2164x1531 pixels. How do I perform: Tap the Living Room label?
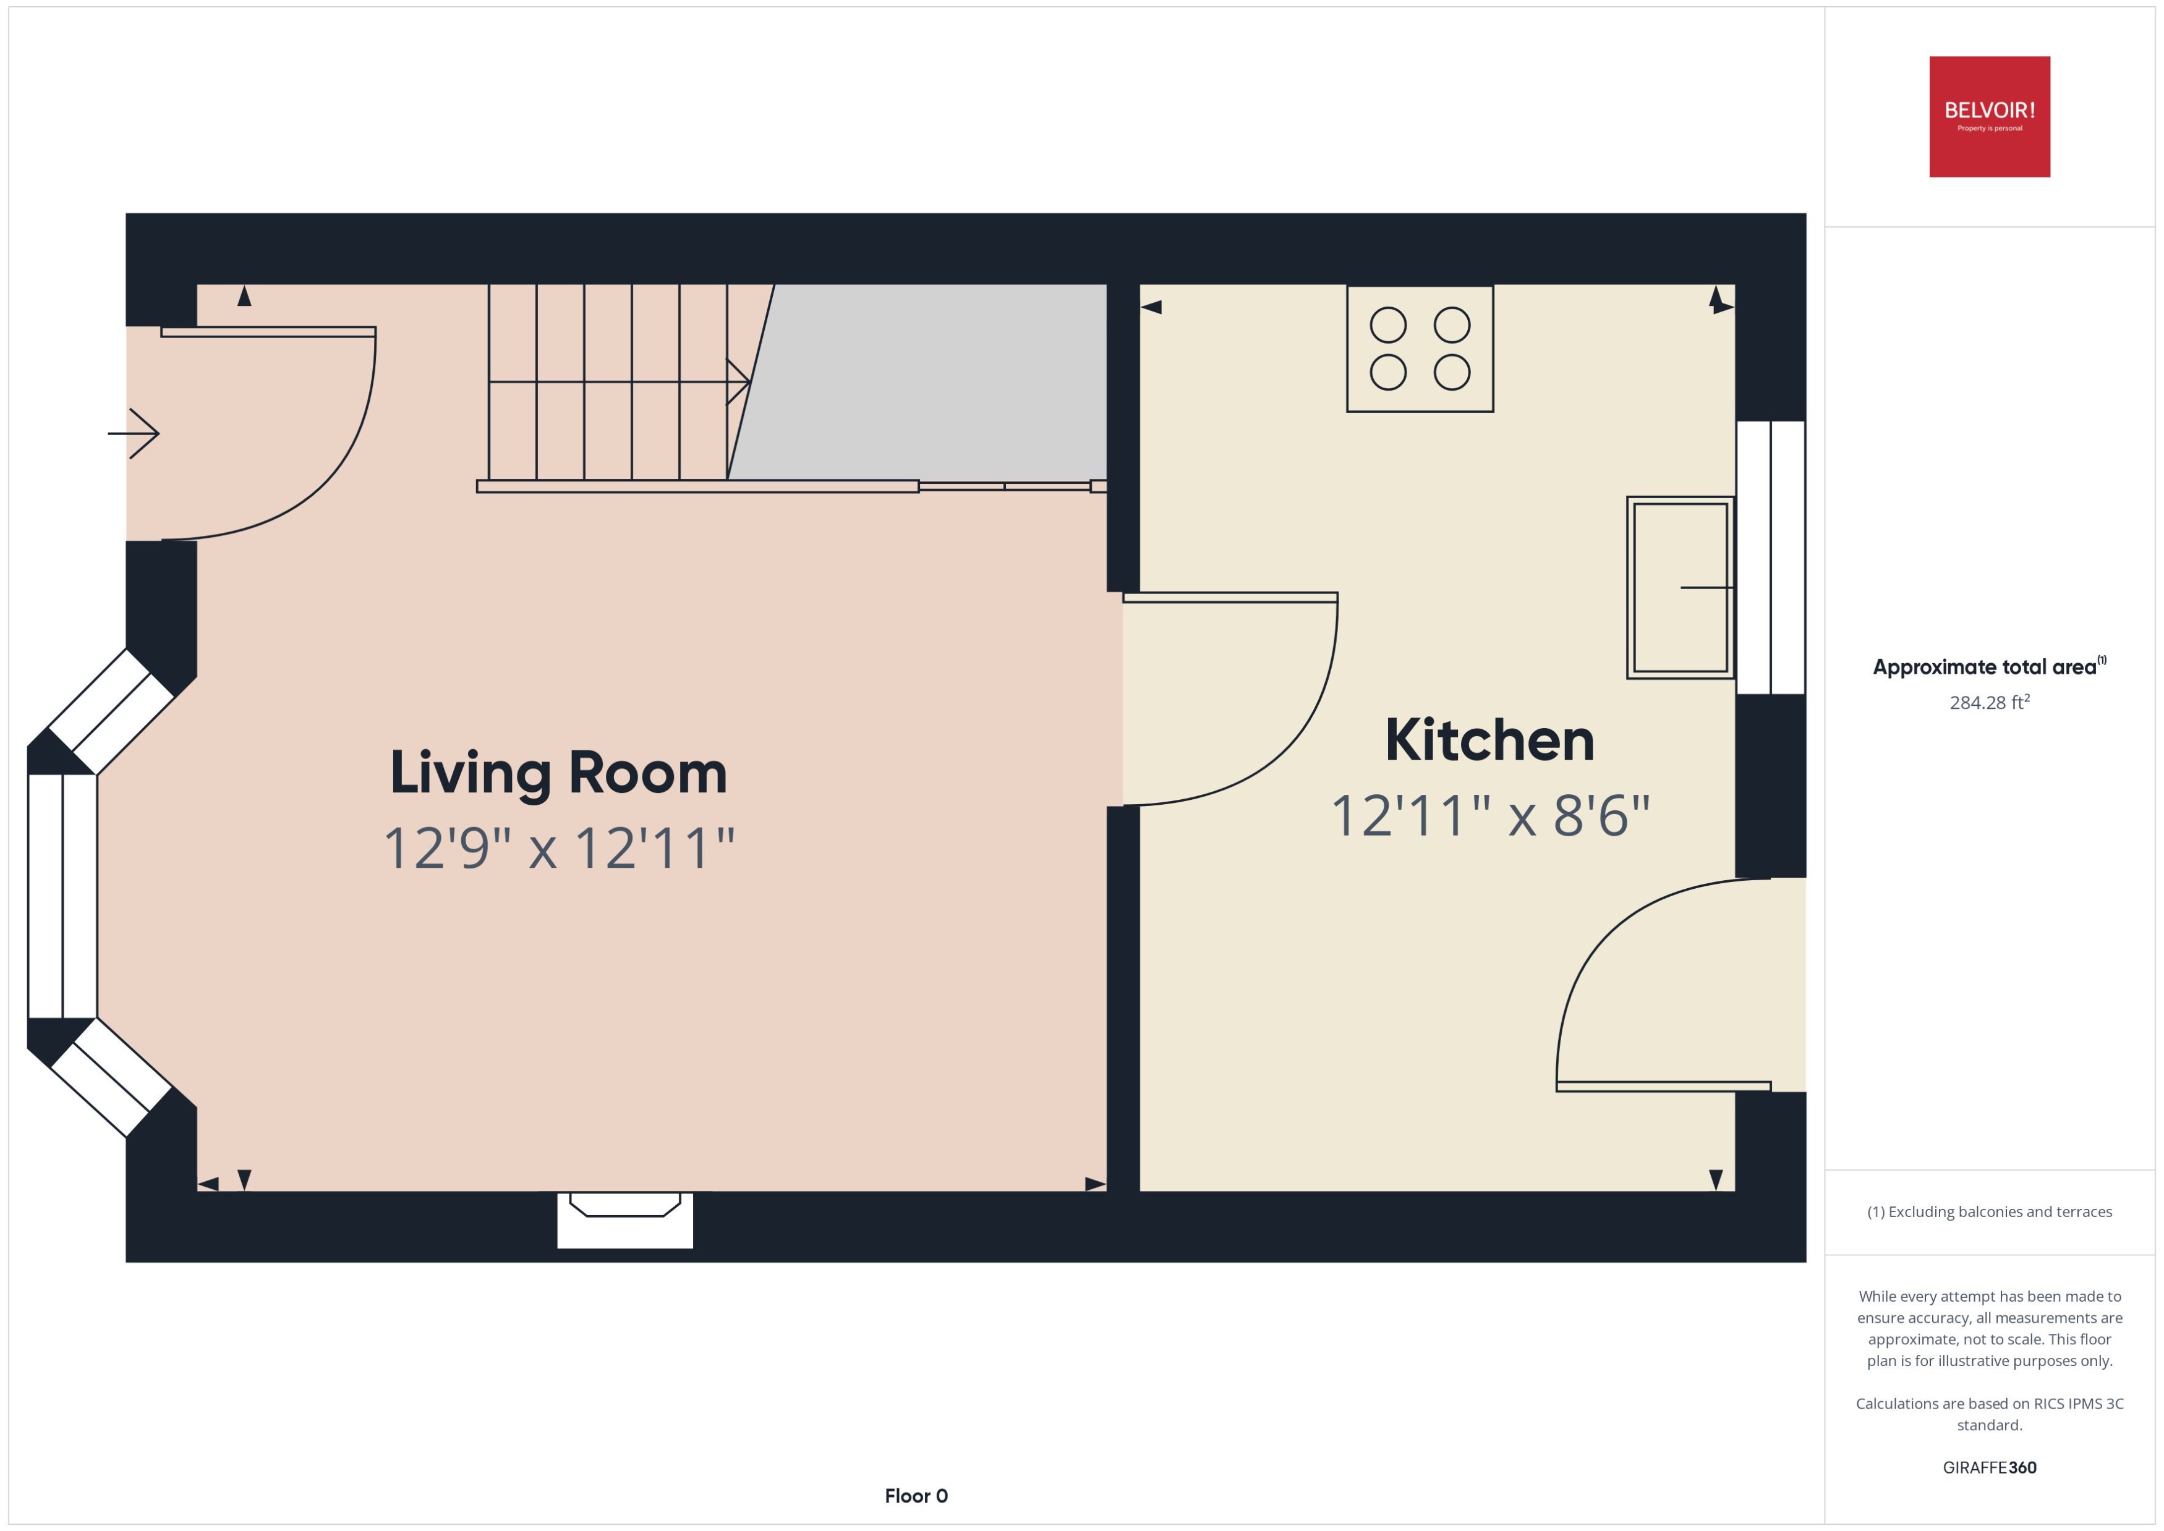(558, 773)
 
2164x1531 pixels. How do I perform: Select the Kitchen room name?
(1489, 741)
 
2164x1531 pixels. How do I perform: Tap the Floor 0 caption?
(916, 1495)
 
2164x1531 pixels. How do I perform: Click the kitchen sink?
(1679, 587)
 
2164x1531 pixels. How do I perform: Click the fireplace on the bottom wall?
(624, 1218)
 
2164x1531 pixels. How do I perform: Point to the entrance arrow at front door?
(134, 434)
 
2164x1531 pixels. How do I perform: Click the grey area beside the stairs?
(934, 382)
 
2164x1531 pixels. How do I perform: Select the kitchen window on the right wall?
(1770, 557)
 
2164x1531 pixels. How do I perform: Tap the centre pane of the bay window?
(62, 896)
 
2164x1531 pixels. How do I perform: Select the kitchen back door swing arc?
(1593, 952)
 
